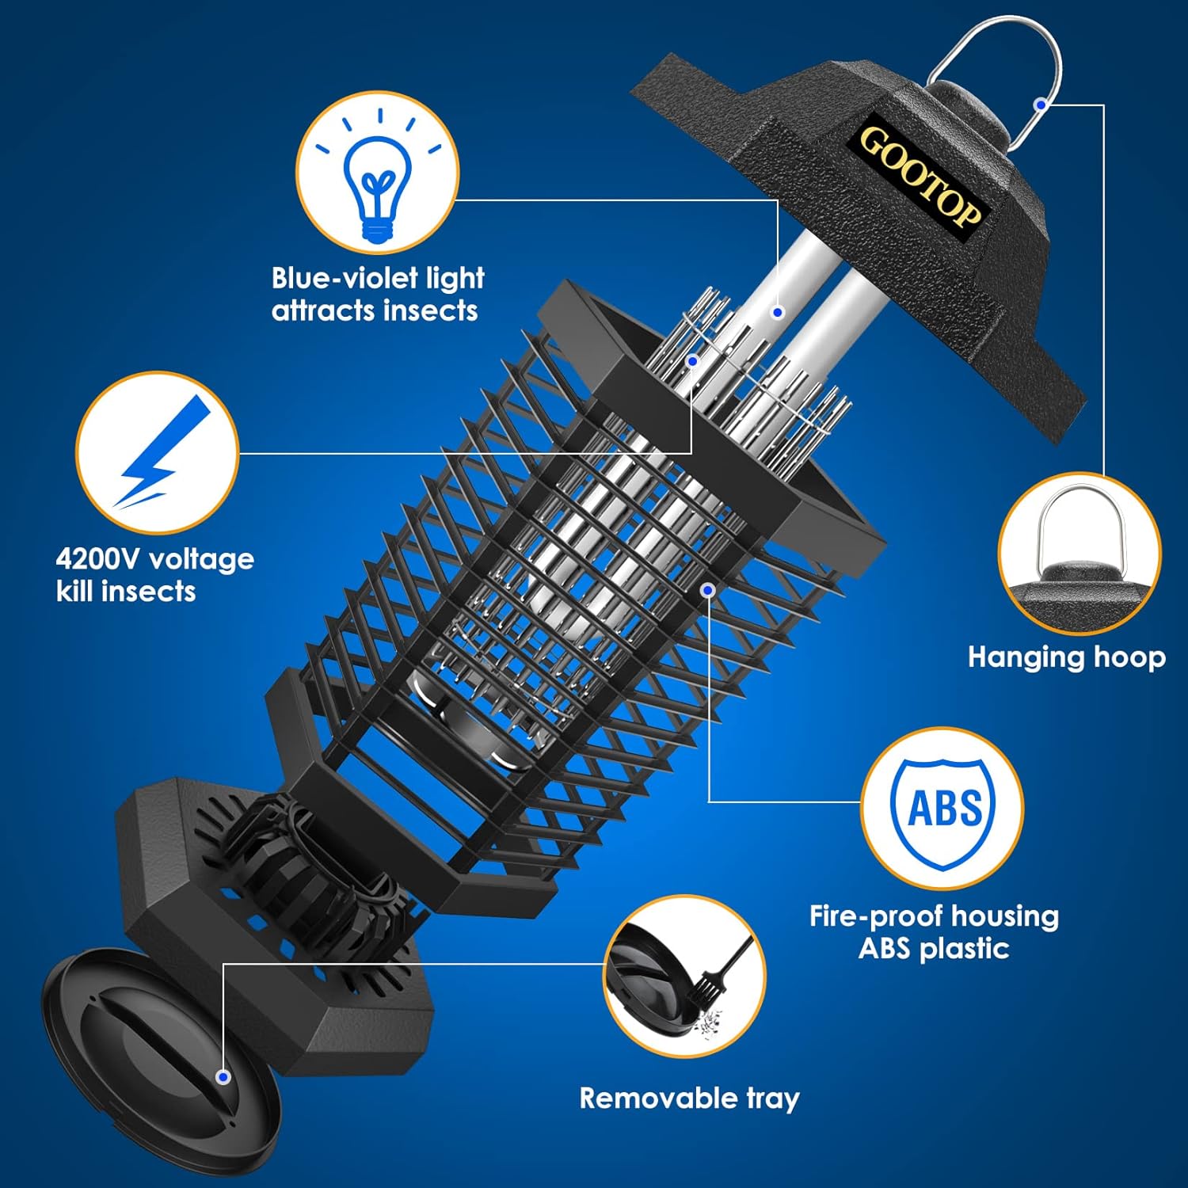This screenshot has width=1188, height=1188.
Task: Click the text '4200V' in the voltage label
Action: click(x=99, y=559)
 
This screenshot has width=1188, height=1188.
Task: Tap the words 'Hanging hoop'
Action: click(x=1066, y=657)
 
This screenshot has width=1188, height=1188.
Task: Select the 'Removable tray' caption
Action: click(x=689, y=1099)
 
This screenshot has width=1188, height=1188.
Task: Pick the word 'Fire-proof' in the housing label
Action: click(x=876, y=916)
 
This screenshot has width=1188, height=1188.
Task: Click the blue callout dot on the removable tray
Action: click(x=223, y=1077)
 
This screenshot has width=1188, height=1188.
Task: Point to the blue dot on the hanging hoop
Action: click(x=1041, y=104)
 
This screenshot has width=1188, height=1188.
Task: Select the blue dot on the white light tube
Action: click(x=778, y=313)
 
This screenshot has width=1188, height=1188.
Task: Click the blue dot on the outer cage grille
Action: click(x=709, y=590)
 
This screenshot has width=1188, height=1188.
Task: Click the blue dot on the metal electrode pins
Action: click(x=693, y=361)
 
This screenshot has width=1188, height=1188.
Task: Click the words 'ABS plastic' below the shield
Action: click(x=934, y=948)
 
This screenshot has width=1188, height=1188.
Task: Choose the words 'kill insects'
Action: click(x=126, y=592)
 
